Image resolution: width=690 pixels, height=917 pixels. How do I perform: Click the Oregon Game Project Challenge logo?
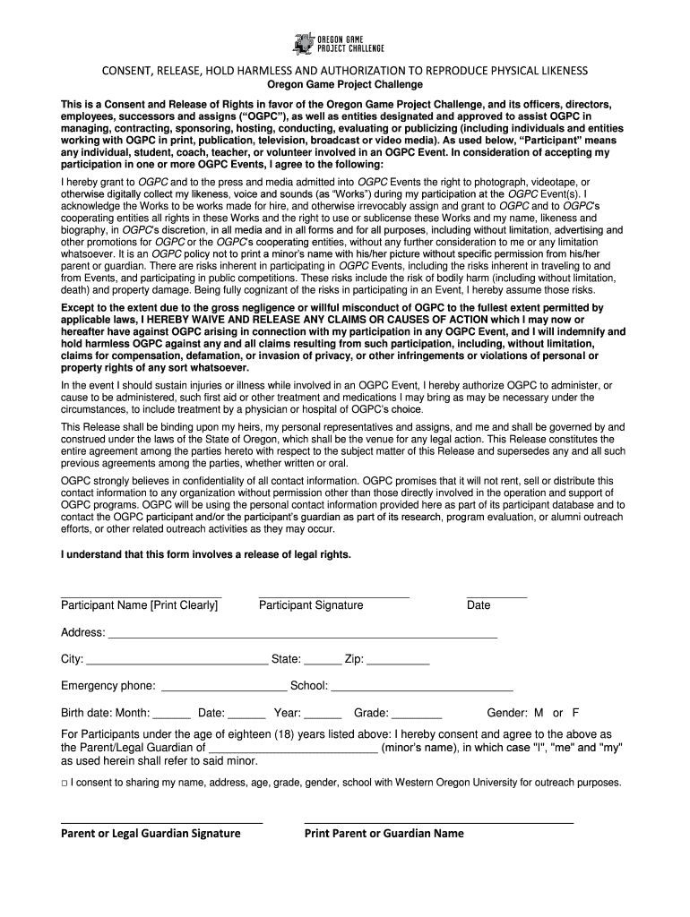point(344,43)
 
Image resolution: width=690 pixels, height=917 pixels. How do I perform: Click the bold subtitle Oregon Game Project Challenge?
point(345,84)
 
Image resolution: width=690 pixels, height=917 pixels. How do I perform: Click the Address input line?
point(302,635)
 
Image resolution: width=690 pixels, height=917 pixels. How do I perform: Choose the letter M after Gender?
point(539,714)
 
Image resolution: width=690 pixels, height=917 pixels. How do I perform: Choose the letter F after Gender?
point(575,714)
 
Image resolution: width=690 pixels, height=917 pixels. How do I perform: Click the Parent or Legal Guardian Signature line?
point(161,820)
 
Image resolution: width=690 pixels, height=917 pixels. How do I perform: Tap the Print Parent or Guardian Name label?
point(384,834)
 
